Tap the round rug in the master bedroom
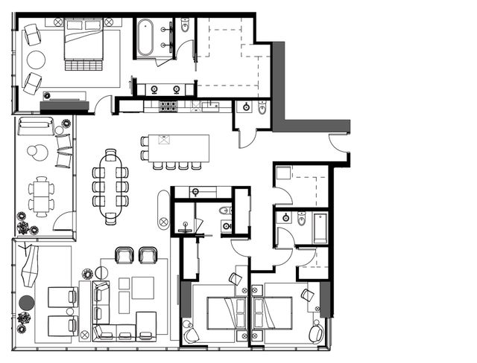tap(36, 60)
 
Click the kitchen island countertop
tap(179, 147)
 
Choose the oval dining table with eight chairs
tap(110, 186)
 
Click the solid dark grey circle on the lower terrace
tap(27, 303)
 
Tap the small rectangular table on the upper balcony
tap(42, 195)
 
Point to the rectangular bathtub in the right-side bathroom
tap(320, 228)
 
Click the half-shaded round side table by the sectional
tap(102, 273)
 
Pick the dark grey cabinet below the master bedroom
tap(64, 106)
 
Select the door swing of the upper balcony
tap(65, 221)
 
